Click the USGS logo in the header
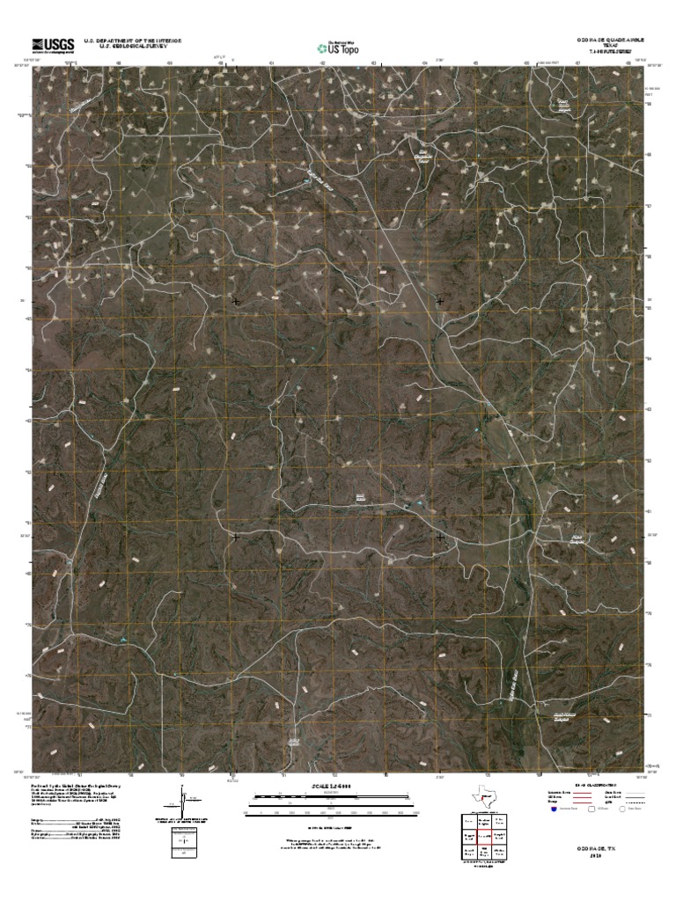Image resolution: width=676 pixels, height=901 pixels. coord(53,45)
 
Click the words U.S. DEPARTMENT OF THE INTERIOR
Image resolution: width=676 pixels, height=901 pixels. coord(133,40)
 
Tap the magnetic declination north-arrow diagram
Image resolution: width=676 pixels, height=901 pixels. coord(182,804)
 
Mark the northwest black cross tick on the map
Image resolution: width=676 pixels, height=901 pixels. coord(236,302)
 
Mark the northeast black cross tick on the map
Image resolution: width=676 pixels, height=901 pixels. coord(439,302)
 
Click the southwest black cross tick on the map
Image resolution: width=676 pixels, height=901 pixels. coord(236,535)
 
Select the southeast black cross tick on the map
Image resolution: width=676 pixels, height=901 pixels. coord(439,535)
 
